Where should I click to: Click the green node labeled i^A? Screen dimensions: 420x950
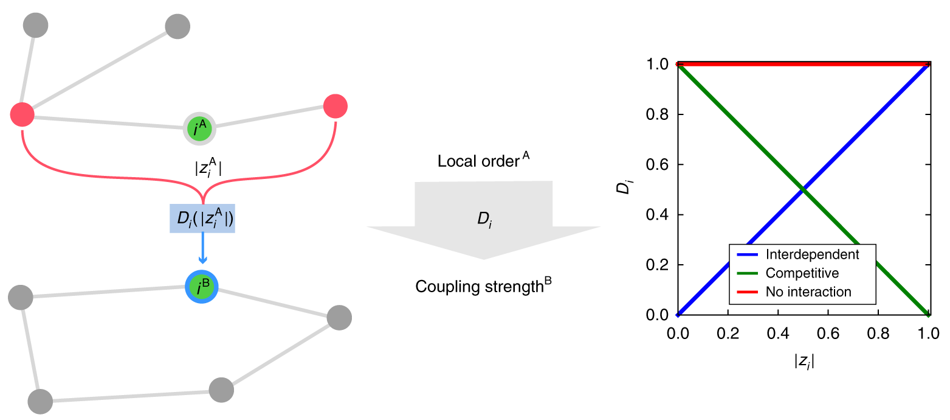pos(200,128)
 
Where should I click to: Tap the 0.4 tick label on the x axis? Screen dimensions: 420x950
pos(778,333)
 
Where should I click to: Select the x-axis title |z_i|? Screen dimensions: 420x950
pos(804,361)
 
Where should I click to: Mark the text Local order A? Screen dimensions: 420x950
pos(483,162)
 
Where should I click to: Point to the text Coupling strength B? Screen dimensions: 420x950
pos(483,285)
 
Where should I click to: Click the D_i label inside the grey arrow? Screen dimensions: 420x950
pos(484,217)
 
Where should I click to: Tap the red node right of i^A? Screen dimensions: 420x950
pos(335,107)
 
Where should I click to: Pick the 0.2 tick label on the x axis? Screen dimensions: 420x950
pos(728,333)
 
